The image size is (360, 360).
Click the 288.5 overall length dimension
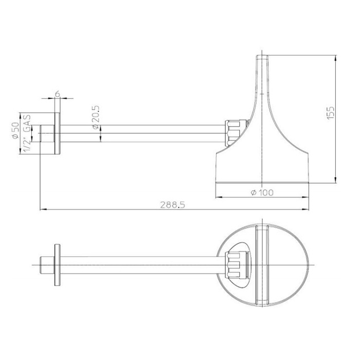172,205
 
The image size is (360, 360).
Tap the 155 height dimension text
330,113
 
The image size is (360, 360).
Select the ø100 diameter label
262,192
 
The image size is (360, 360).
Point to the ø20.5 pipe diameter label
96,117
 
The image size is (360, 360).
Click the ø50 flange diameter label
15,131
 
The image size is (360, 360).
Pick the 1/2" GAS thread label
27,133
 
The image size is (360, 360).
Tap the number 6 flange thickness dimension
58,94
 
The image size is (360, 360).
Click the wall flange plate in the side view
58,133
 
